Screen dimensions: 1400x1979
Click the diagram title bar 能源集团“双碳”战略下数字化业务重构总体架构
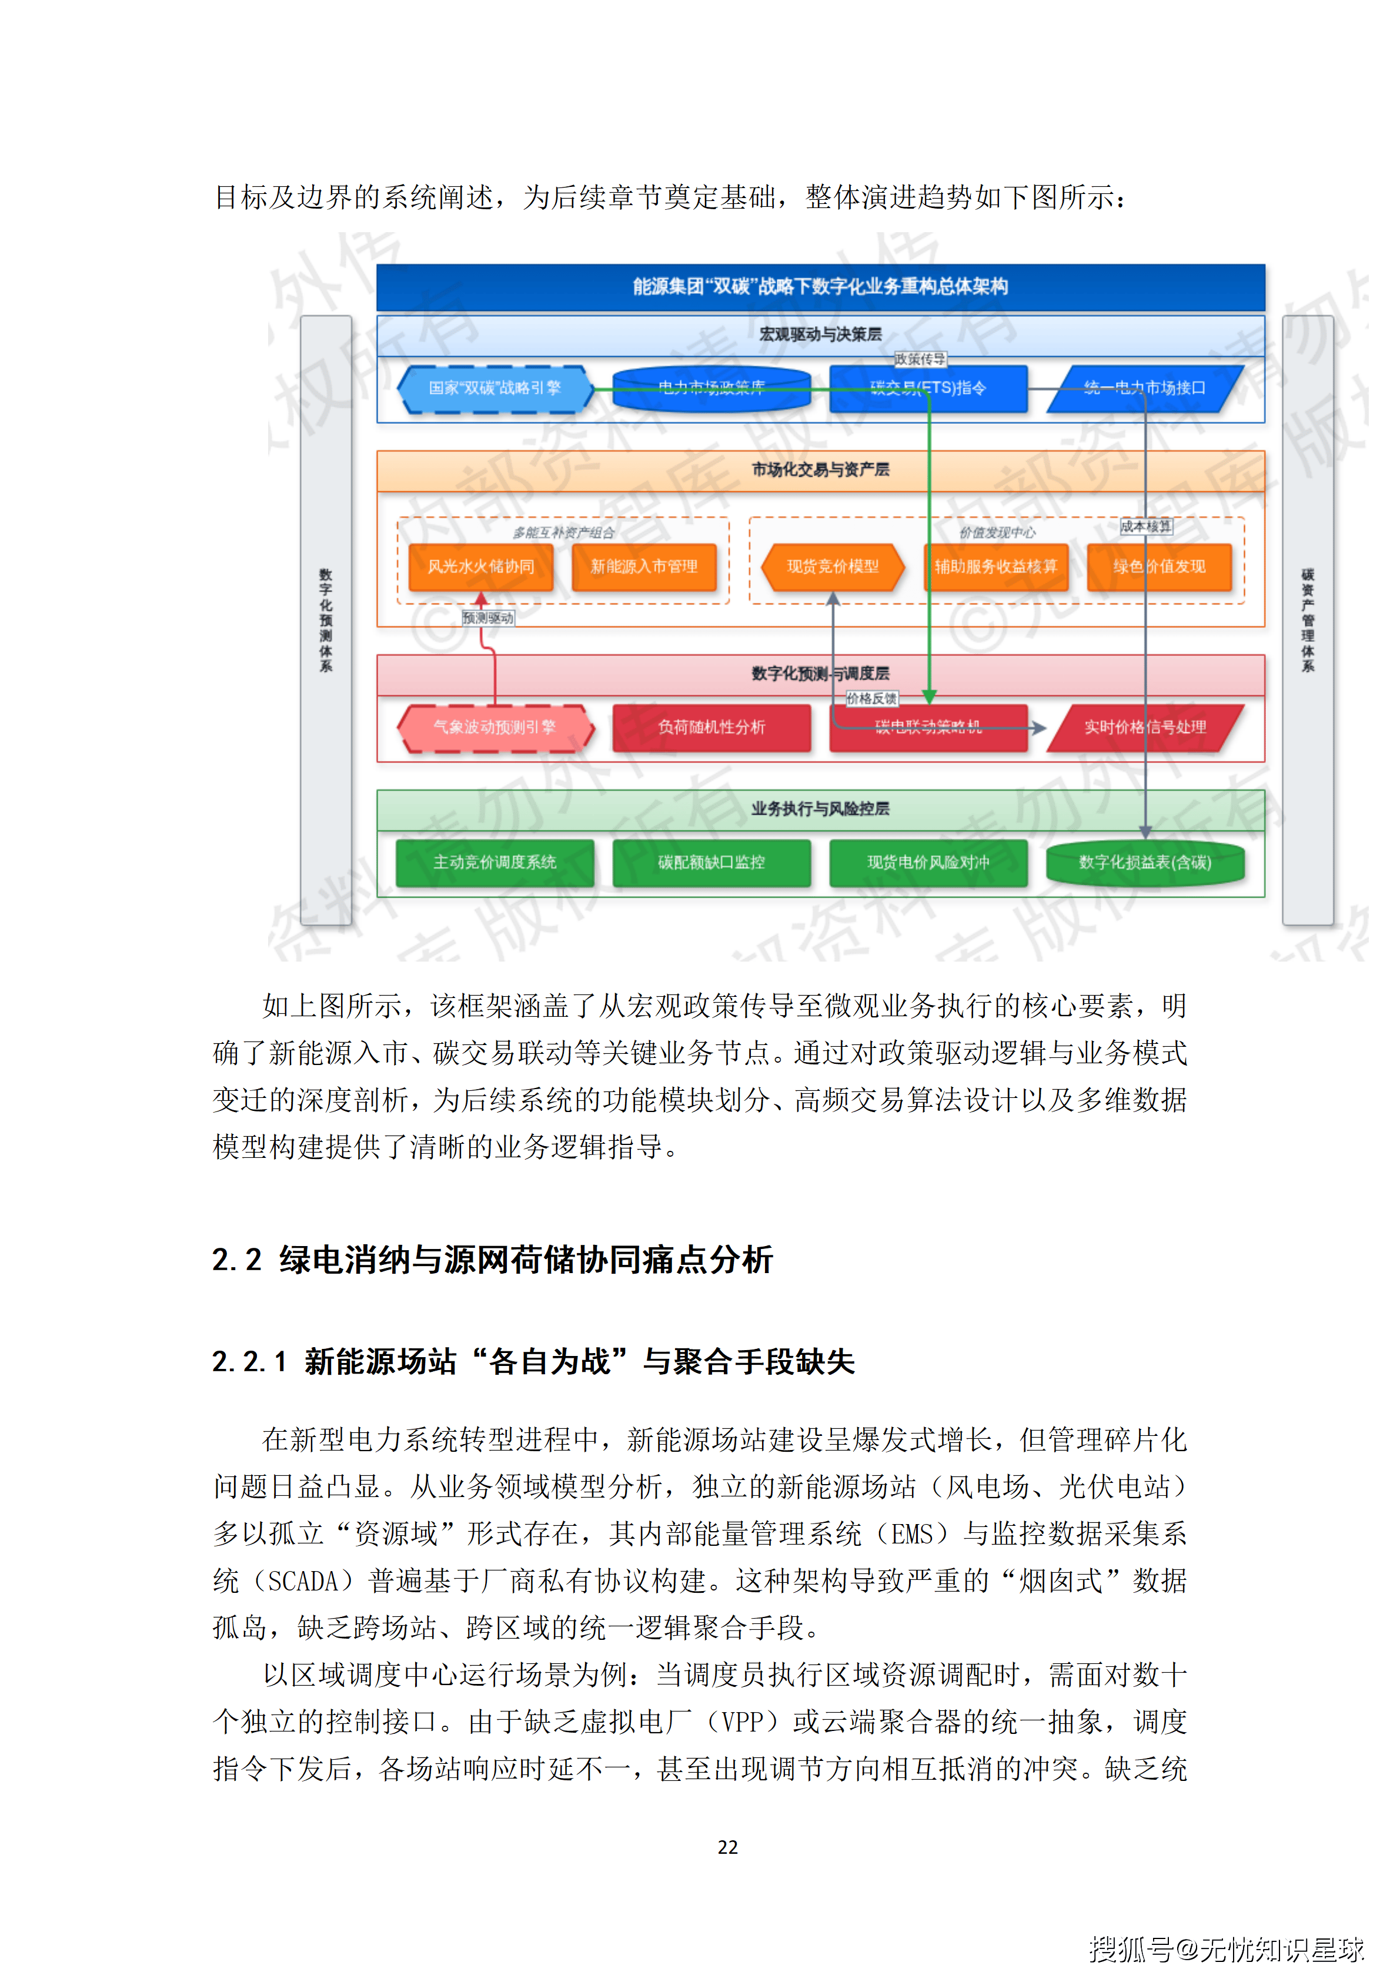pyautogui.click(x=820, y=286)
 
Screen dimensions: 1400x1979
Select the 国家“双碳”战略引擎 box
pyautogui.click(x=495, y=388)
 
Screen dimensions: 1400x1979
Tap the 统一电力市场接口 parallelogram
pyautogui.click(x=1145, y=388)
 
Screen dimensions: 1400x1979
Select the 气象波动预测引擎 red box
pyautogui.click(x=495, y=728)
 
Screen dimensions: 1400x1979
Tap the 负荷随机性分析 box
pyautogui.click(x=711, y=728)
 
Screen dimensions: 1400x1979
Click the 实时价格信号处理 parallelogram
pyautogui.click(x=1145, y=728)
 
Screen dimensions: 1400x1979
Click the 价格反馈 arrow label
pyautogui.click(x=871, y=698)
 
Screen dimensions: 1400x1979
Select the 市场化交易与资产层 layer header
pyautogui.click(x=820, y=470)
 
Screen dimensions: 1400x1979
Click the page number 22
pyautogui.click(x=727, y=1847)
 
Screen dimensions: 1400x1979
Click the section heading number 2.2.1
pyautogui.click(x=249, y=1362)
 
